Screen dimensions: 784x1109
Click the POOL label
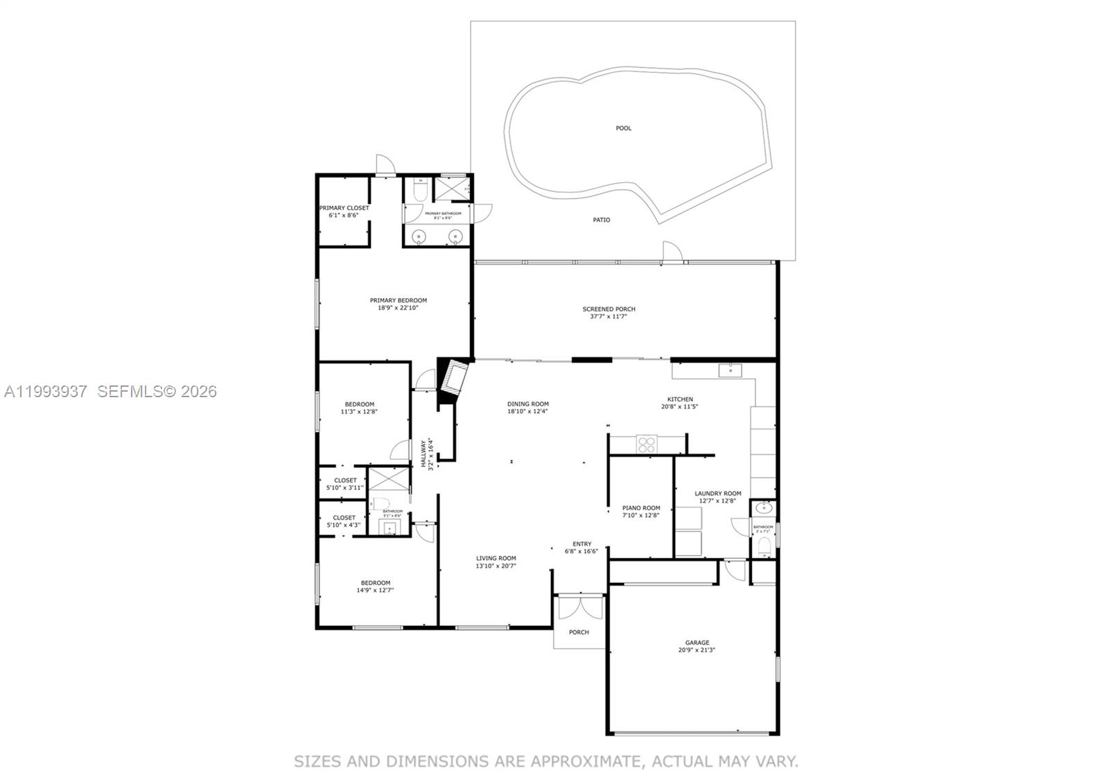[623, 128]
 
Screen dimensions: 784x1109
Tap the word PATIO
[601, 220]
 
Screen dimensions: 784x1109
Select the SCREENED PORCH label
[609, 309]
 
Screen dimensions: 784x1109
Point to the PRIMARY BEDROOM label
[398, 300]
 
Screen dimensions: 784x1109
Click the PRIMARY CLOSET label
[344, 208]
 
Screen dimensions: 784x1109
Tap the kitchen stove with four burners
[646, 444]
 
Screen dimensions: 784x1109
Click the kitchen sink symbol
[730, 370]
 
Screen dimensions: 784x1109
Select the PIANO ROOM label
[641, 508]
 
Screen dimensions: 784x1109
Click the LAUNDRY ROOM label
[717, 494]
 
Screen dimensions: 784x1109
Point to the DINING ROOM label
[527, 404]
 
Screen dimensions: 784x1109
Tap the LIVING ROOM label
[496, 558]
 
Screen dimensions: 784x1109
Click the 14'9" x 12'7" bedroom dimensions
[375, 591]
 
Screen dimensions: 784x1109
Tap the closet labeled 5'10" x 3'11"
[344, 484]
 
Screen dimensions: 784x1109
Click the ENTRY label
[582, 544]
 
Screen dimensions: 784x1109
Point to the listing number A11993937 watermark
[46, 392]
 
